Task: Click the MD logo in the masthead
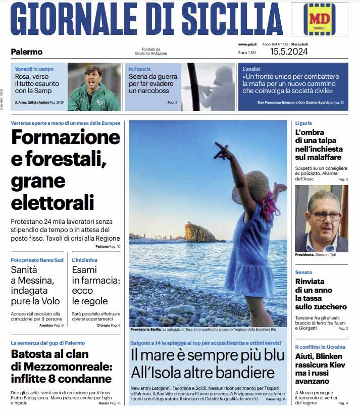pyautogui.click(x=319, y=20)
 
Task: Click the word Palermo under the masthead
pyautogui.click(x=27, y=52)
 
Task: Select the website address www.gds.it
pyautogui.click(x=247, y=44)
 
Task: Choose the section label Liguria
pyautogui.click(x=303, y=123)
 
